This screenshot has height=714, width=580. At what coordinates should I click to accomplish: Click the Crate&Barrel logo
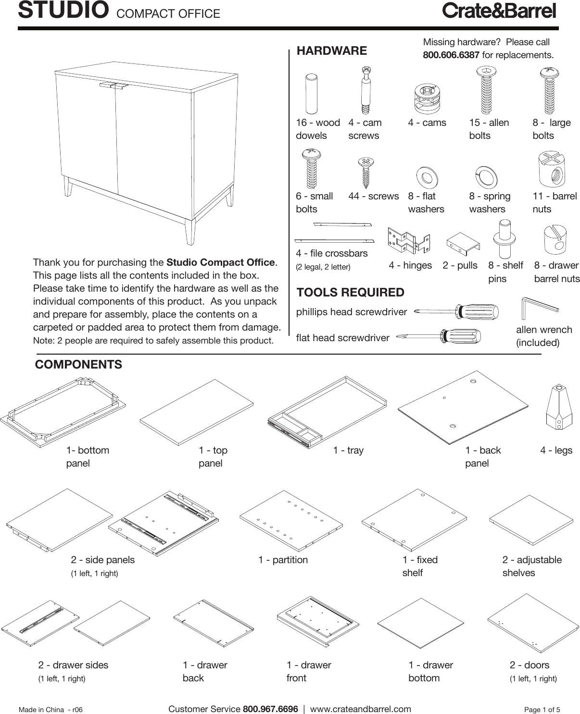click(x=499, y=11)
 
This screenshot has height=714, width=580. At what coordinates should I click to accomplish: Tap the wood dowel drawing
click(x=311, y=93)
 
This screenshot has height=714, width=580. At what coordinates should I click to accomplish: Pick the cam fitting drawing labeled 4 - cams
click(x=427, y=98)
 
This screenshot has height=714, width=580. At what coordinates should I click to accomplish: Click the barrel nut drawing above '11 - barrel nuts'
click(x=552, y=170)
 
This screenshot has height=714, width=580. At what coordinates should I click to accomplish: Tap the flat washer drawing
click(x=427, y=177)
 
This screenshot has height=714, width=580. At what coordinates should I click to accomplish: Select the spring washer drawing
click(x=486, y=176)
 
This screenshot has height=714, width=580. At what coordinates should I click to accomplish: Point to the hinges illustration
click(x=409, y=240)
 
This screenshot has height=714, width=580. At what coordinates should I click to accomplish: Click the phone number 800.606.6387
click(x=451, y=55)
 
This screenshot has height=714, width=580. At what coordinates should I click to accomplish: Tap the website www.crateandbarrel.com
click(x=360, y=709)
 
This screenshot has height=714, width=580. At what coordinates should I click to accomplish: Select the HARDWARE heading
click(x=331, y=50)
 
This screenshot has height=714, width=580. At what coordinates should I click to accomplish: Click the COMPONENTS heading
click(x=78, y=364)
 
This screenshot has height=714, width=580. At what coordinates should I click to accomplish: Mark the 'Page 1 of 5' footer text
click(x=542, y=709)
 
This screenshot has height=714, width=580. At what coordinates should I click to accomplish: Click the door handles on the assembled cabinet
click(x=114, y=86)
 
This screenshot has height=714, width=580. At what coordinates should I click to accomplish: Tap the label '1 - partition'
click(x=283, y=560)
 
